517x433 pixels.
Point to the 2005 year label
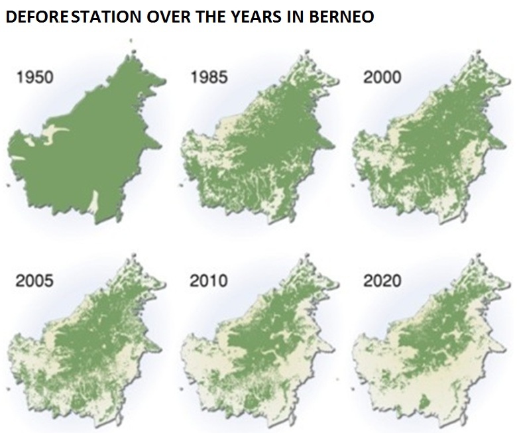click(35, 281)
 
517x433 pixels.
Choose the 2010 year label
click(209, 281)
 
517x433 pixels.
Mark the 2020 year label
click(382, 281)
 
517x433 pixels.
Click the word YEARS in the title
click(256, 17)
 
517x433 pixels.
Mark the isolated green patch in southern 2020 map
click(424, 402)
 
